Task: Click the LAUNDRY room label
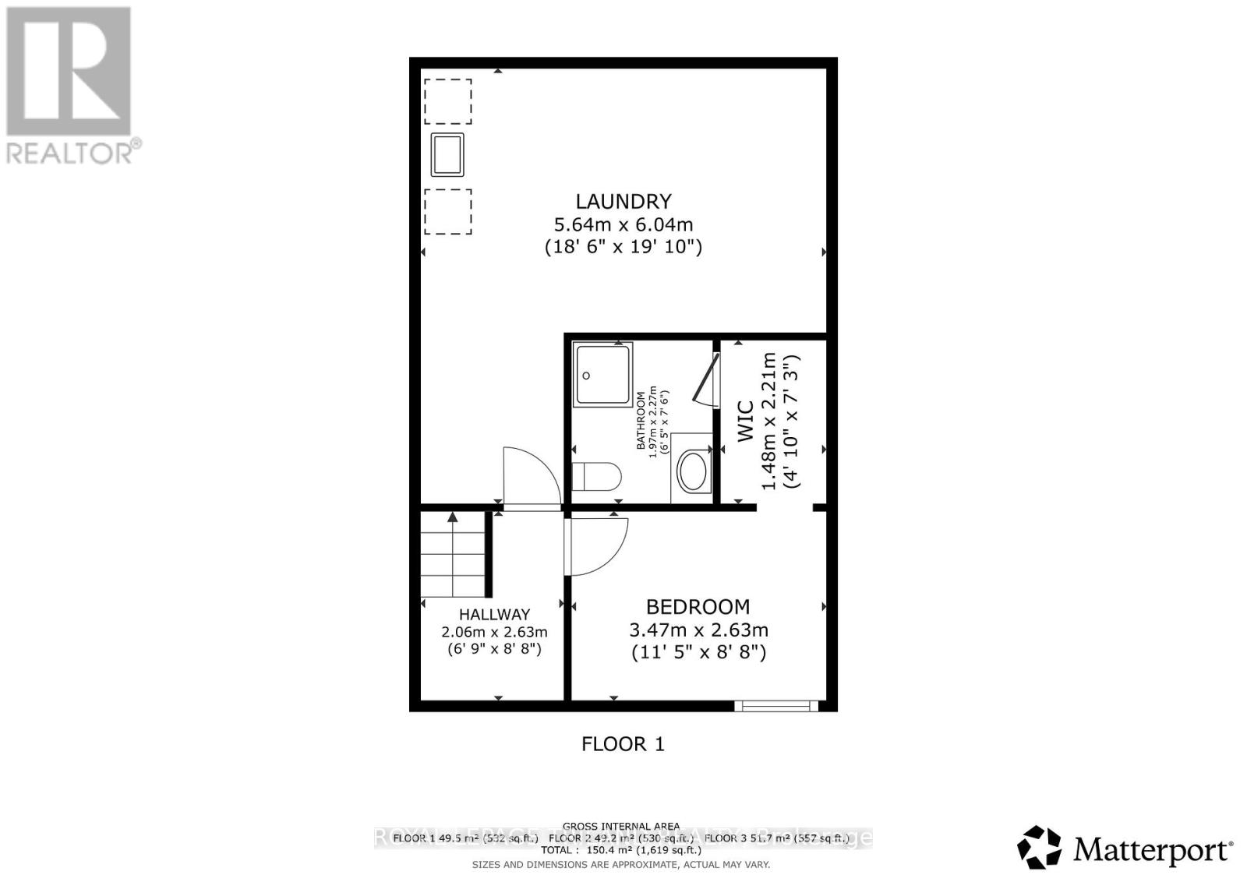tap(623, 202)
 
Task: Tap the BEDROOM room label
tap(698, 607)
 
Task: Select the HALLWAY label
tap(494, 615)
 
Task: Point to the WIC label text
tap(746, 422)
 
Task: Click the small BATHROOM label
tap(641, 421)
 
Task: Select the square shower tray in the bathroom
tap(602, 375)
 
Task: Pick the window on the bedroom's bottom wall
tap(776, 706)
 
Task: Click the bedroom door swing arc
tap(599, 543)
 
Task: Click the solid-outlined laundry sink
tap(447, 155)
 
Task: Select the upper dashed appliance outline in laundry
tap(448, 101)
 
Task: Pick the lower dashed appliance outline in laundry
tap(448, 211)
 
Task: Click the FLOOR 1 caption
tap(623, 744)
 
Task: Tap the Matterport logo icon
tap(1040, 848)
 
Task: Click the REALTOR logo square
tap(69, 71)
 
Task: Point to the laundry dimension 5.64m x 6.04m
tap(623, 225)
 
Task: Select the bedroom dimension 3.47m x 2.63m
tap(698, 630)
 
